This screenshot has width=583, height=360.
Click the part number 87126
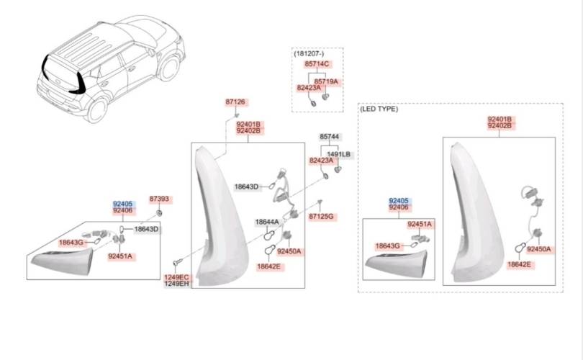(235, 102)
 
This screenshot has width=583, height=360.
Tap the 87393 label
(159, 199)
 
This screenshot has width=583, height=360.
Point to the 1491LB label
(338, 154)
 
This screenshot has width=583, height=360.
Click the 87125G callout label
(322, 216)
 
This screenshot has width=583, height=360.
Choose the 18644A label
(267, 222)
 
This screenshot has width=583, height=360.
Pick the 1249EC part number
(176, 277)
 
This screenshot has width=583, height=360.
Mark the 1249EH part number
(176, 284)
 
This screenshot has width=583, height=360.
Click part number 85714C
(317, 65)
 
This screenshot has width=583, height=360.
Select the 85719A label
(326, 81)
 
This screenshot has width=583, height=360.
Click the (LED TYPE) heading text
(379, 109)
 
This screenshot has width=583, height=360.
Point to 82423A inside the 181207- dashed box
(309, 88)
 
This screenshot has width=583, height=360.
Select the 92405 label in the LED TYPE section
(398, 201)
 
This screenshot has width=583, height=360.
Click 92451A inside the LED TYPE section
(420, 224)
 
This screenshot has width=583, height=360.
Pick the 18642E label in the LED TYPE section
(519, 265)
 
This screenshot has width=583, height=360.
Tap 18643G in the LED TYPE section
(387, 246)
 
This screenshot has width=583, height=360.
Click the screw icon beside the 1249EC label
(175, 264)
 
